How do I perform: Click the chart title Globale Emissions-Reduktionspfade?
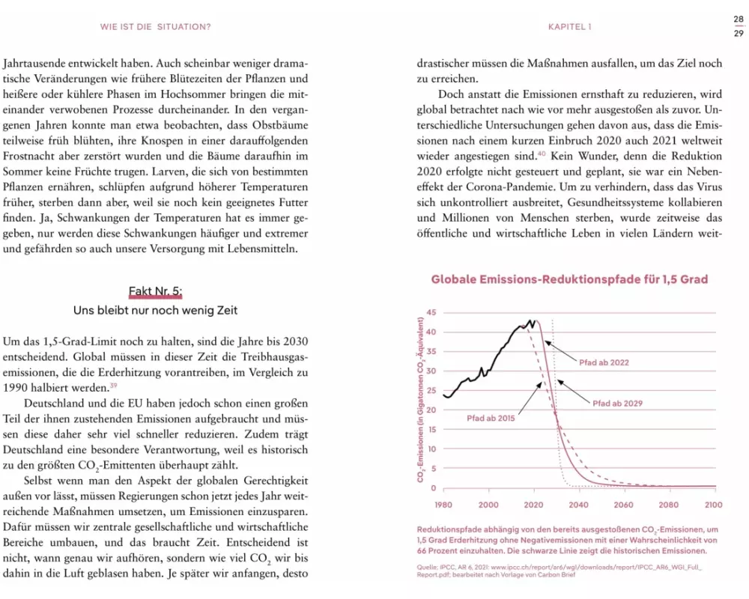(569, 280)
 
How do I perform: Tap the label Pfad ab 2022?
(604, 362)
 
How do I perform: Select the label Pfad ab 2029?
(617, 403)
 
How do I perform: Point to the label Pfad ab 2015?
(491, 417)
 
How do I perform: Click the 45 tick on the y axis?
(431, 312)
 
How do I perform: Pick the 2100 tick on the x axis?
(714, 505)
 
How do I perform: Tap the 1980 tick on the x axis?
(443, 505)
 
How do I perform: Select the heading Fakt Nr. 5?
(156, 291)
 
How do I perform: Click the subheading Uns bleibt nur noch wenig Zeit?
(156, 310)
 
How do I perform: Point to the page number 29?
(738, 33)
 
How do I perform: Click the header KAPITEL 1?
(570, 27)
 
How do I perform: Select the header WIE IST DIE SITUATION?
(156, 27)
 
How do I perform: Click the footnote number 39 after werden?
(114, 386)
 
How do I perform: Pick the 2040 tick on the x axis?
(579, 505)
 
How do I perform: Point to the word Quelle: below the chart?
(429, 567)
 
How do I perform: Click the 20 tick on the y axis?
(431, 410)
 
